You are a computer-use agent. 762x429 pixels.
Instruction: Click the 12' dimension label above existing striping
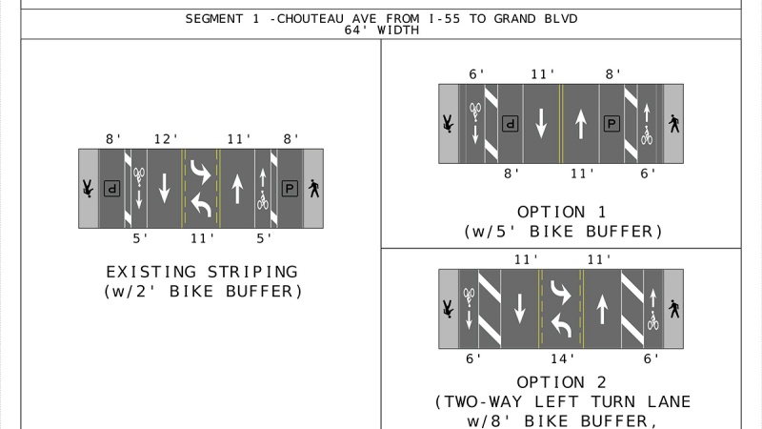pyautogui.click(x=166, y=139)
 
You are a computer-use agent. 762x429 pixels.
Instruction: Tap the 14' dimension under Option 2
pyautogui.click(x=562, y=359)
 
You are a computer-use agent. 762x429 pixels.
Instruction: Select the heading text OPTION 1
pyautogui.click(x=562, y=212)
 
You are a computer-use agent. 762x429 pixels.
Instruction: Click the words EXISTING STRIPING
pyautogui.click(x=202, y=272)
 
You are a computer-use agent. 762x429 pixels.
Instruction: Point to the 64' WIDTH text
pyautogui.click(x=382, y=31)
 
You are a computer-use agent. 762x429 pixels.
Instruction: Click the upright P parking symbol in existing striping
pyautogui.click(x=290, y=188)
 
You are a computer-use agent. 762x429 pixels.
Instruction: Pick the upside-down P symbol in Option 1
pyautogui.click(x=511, y=124)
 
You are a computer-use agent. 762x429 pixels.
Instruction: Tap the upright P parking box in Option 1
pyautogui.click(x=612, y=124)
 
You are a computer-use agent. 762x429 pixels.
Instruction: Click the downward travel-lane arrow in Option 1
pyautogui.click(x=541, y=124)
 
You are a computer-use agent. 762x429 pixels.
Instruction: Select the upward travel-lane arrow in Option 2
pyautogui.click(x=602, y=309)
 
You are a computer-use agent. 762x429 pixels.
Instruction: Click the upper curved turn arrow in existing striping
pyautogui.click(x=201, y=172)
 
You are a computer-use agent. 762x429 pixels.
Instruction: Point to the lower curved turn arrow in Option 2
pyautogui.click(x=561, y=325)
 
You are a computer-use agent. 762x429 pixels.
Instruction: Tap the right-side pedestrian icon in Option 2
pyautogui.click(x=674, y=309)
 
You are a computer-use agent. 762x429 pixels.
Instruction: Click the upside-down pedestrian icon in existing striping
pyautogui.click(x=88, y=188)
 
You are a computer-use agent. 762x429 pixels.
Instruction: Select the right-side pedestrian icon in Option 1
pyautogui.click(x=674, y=124)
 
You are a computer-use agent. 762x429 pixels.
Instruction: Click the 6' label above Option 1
pyautogui.click(x=477, y=74)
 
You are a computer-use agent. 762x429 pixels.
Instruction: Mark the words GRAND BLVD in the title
pyautogui.click(x=535, y=19)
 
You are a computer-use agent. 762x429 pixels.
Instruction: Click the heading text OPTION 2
pyautogui.click(x=562, y=382)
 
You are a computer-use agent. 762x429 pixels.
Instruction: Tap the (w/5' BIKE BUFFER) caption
pyautogui.click(x=563, y=232)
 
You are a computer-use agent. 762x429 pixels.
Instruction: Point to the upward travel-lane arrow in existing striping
pyautogui.click(x=237, y=188)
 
